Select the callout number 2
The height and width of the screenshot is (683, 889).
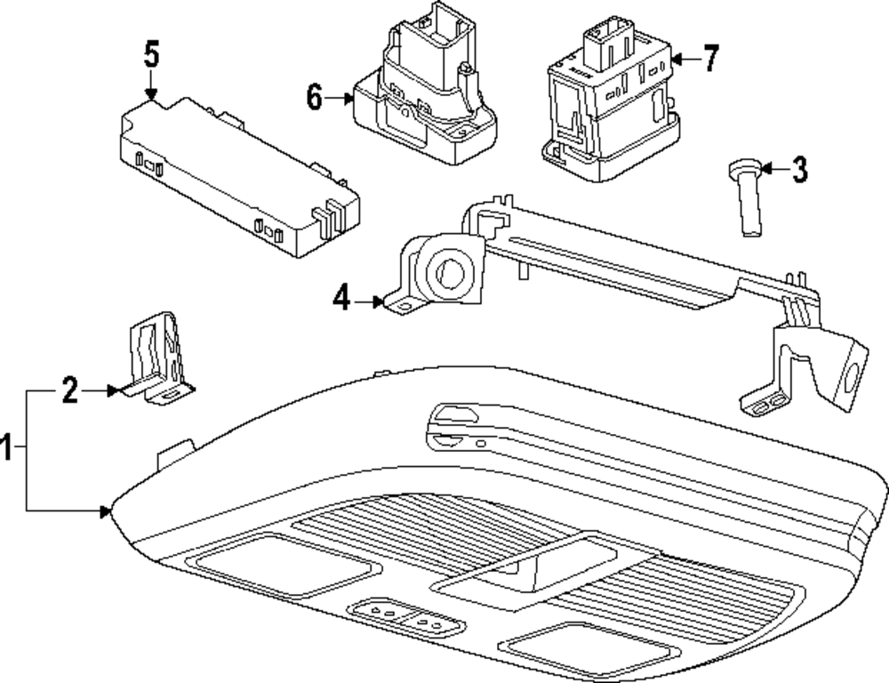point(70,390)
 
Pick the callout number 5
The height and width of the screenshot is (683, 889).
point(151,54)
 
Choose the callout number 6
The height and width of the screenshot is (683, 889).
point(315,98)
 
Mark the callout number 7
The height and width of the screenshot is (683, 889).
point(709,60)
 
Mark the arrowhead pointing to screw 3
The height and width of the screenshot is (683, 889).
point(765,168)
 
